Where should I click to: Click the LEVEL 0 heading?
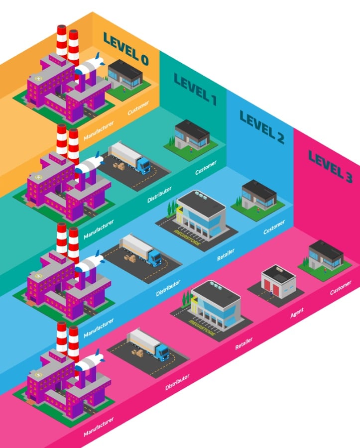point(125,49)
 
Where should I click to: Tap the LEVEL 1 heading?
point(195,89)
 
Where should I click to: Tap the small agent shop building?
point(278,281)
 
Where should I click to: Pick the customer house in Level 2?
point(258,195)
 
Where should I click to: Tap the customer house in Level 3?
point(326,255)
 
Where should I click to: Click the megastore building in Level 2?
point(202,214)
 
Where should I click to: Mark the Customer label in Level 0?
point(137,109)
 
